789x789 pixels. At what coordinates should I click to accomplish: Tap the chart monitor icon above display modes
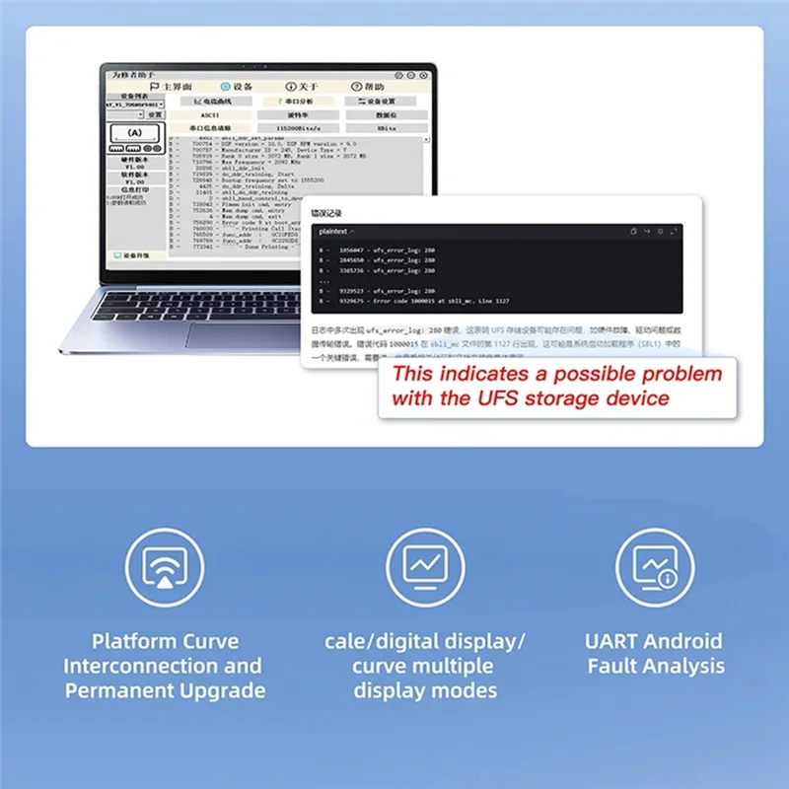click(426, 566)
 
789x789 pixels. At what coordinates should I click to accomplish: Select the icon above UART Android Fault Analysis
click(655, 567)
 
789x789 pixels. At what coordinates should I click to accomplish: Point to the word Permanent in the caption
click(124, 689)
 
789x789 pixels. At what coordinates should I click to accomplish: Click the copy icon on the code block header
click(633, 231)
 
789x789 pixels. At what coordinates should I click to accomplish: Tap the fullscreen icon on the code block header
click(675, 231)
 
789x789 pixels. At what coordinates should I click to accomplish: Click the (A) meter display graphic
click(134, 132)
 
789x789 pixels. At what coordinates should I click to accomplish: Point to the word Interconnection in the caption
click(163, 666)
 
